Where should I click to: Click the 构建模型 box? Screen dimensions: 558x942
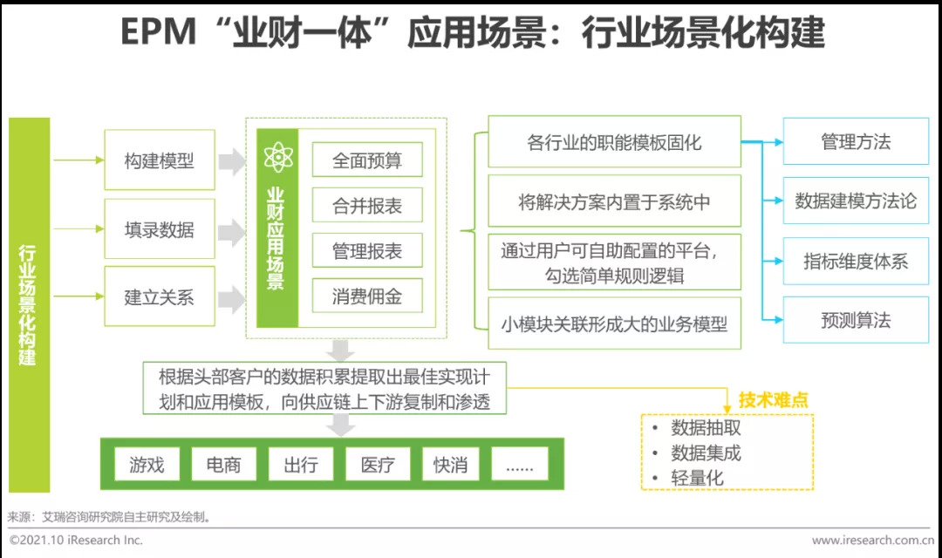click(x=159, y=160)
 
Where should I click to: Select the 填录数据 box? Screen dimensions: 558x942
click(x=159, y=229)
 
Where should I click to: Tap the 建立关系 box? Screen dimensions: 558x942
click(x=159, y=296)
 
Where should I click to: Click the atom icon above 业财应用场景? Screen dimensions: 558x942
click(x=276, y=158)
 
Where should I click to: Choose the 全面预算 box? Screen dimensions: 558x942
click(x=366, y=160)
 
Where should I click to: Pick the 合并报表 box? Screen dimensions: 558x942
click(x=366, y=206)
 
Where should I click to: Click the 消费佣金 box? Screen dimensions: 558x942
click(x=366, y=296)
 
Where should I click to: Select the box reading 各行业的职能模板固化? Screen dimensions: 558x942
click(x=614, y=142)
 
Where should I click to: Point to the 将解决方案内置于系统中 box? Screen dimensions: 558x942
click(x=614, y=202)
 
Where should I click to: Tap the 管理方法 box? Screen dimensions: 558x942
click(x=855, y=142)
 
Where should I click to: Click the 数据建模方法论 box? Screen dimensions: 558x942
click(x=855, y=201)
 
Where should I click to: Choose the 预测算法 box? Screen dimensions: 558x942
click(x=855, y=320)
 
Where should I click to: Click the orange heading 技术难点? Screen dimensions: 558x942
click(x=773, y=400)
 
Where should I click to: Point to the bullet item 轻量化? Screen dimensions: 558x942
click(x=697, y=478)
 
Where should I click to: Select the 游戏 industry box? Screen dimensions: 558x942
click(x=147, y=465)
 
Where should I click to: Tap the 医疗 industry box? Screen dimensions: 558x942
click(x=378, y=465)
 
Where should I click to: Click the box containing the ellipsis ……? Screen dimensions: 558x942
click(x=520, y=465)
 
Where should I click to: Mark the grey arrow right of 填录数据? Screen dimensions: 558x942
click(x=231, y=231)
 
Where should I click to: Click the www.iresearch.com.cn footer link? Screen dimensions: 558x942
click(x=871, y=541)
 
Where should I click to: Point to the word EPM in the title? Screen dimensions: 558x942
click(x=157, y=33)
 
